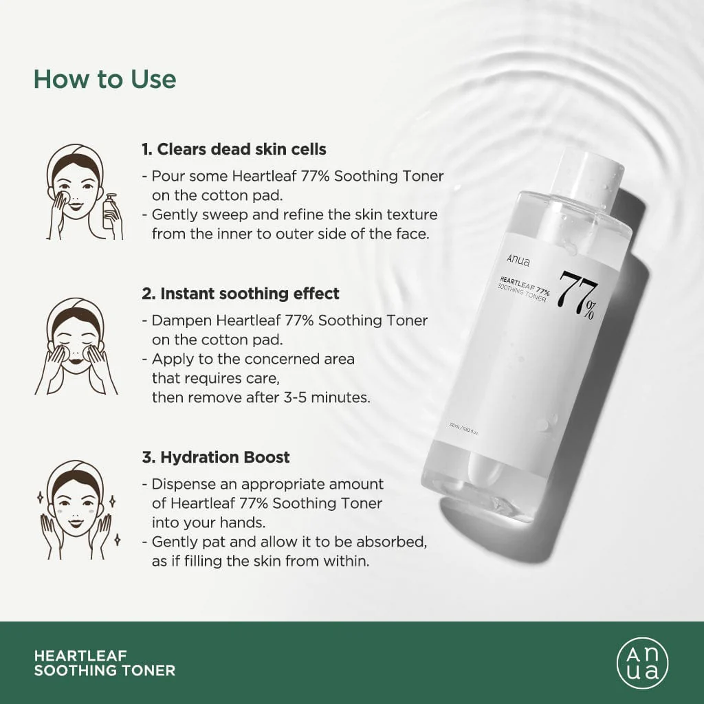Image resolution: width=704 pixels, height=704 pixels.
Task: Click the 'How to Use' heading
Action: pyautogui.click(x=104, y=79)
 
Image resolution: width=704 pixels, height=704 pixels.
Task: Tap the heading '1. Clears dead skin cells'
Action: pyautogui.click(x=234, y=149)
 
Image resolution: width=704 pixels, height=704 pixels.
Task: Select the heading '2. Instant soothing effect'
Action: pyautogui.click(x=241, y=294)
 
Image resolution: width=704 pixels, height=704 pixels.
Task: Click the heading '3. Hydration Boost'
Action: pyautogui.click(x=216, y=457)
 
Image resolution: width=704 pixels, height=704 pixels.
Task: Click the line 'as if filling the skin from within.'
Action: pyautogui.click(x=261, y=561)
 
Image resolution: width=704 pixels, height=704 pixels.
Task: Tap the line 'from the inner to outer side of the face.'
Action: pyautogui.click(x=290, y=234)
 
